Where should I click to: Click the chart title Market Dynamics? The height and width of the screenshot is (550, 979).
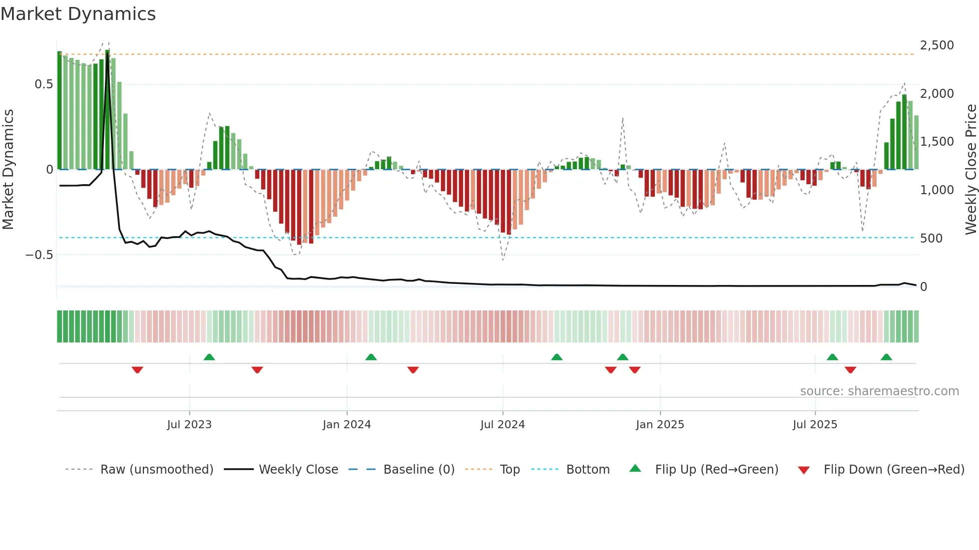pyautogui.click(x=78, y=14)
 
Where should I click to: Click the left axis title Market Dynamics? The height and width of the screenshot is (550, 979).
pyautogui.click(x=8, y=169)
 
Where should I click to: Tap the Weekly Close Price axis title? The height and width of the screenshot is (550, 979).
pyautogui.click(x=971, y=169)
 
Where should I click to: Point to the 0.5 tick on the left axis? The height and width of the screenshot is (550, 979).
pyautogui.click(x=43, y=84)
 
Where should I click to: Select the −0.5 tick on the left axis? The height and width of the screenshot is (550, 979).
pyautogui.click(x=39, y=255)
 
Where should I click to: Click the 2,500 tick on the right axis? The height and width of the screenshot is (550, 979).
pyautogui.click(x=937, y=45)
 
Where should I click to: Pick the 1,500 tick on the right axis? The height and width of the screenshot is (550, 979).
pyautogui.click(x=937, y=142)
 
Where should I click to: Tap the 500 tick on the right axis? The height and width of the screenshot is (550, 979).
pyautogui.click(x=931, y=239)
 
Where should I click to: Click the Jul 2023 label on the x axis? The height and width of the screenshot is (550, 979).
pyautogui.click(x=189, y=425)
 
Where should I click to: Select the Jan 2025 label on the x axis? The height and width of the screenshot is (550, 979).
pyautogui.click(x=660, y=425)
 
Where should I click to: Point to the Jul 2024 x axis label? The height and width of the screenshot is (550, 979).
pyautogui.click(x=502, y=425)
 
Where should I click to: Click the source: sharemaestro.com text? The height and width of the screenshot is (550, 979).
pyautogui.click(x=879, y=391)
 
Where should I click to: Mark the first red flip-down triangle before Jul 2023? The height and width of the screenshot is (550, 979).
pyautogui.click(x=137, y=370)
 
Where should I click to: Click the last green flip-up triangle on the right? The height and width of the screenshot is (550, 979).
pyautogui.click(x=886, y=357)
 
